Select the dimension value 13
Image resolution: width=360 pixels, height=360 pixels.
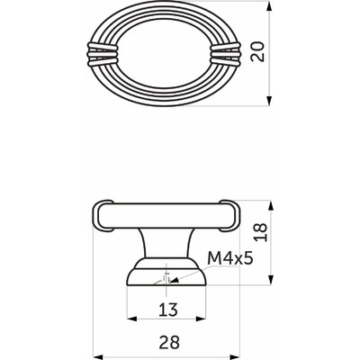(168, 310)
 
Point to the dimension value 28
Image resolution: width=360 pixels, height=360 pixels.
(168, 341)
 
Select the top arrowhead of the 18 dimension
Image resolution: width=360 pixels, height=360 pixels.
(271, 202)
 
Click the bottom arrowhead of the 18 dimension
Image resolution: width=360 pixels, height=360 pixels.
(271, 282)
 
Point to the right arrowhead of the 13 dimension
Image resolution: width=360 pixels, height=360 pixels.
(208, 320)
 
